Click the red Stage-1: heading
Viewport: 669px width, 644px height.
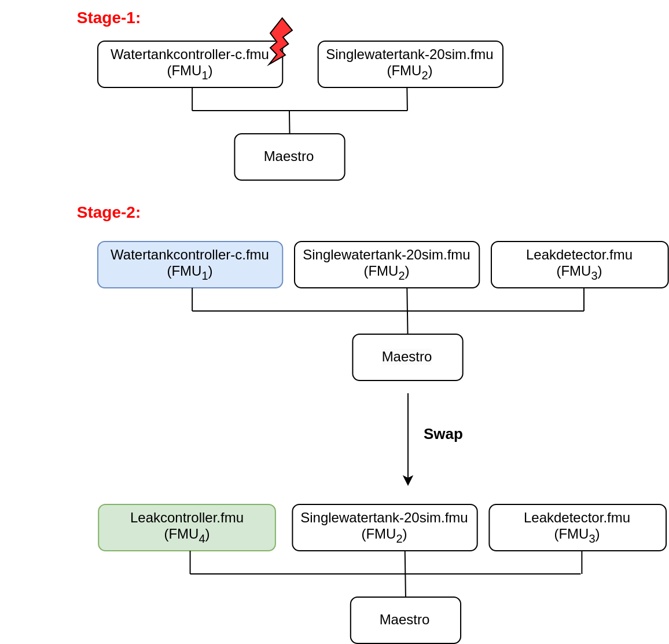108,18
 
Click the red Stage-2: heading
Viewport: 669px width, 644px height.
108,213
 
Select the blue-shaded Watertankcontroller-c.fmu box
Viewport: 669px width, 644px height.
190,265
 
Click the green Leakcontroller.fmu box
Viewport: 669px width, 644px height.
186,528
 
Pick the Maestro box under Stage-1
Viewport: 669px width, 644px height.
289,157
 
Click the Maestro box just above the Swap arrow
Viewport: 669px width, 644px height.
407,357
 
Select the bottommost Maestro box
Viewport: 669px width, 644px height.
405,620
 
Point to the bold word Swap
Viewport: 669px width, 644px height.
443,434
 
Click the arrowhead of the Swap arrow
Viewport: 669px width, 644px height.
408,481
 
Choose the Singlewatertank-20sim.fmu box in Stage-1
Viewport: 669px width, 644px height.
410,64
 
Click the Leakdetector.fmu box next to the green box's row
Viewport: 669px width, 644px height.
577,528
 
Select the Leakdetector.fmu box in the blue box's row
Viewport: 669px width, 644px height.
579,265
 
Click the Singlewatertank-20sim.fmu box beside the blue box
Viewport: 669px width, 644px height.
387,265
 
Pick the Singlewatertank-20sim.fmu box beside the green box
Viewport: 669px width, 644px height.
384,528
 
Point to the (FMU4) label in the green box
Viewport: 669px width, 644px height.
186,535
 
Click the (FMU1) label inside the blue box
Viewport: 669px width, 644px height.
190,272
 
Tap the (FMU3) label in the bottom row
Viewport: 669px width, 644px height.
577,535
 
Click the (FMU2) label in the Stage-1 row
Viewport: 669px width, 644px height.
410,71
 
